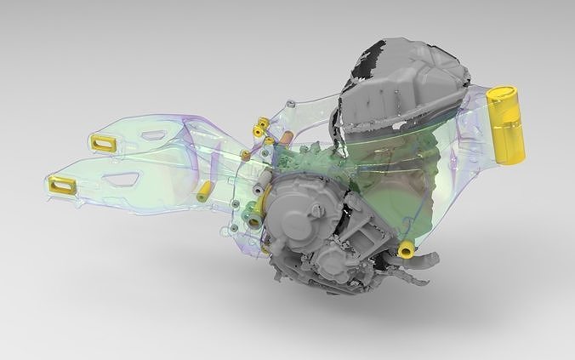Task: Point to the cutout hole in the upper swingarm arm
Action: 154,134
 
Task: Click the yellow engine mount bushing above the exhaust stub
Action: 407,249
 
